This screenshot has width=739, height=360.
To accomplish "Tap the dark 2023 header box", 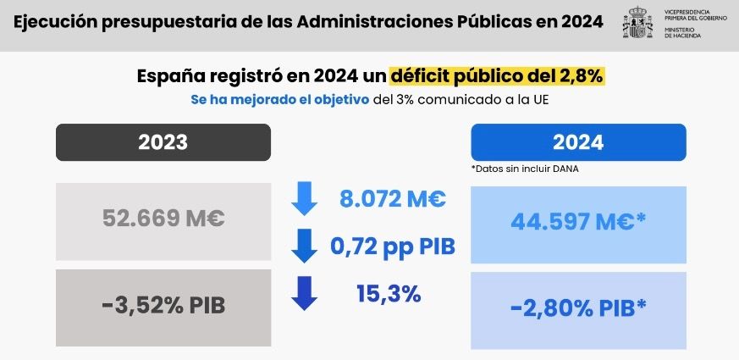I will [163, 142].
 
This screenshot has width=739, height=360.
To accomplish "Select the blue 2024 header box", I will [578, 142].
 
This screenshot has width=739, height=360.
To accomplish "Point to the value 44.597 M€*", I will [579, 222].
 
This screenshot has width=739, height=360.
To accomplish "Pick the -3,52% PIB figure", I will [163, 305].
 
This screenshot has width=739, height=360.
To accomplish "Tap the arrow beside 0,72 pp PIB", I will [303, 246].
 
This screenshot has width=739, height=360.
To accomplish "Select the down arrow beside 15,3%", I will [303, 293].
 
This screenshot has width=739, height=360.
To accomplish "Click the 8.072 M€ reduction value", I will [393, 200].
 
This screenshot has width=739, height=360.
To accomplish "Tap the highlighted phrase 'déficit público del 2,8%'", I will [496, 75].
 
